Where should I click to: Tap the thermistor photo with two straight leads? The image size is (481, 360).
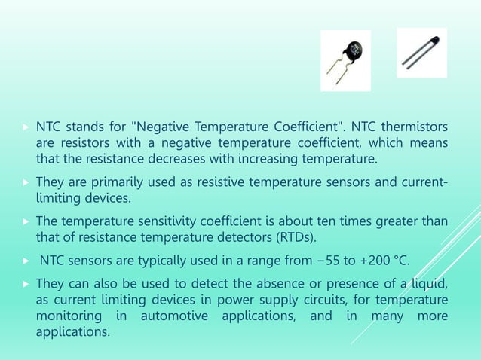(x=421, y=53)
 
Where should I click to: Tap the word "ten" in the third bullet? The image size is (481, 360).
(x=341, y=221)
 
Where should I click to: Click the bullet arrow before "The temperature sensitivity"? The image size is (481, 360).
(x=26, y=221)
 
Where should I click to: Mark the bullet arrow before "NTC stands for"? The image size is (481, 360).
(x=26, y=125)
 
